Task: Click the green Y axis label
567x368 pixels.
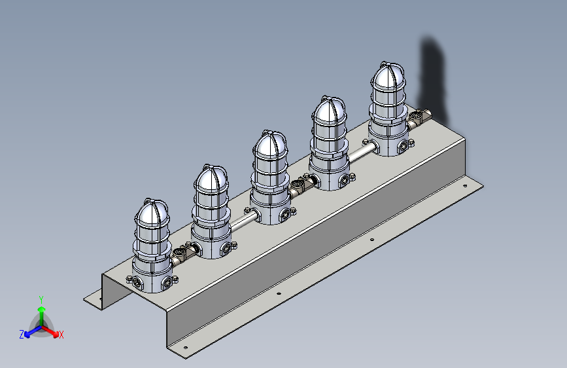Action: point(41,299)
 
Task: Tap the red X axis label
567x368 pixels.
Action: point(61,335)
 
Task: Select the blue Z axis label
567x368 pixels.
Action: point(22,335)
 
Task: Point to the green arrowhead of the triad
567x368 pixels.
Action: point(42,309)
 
